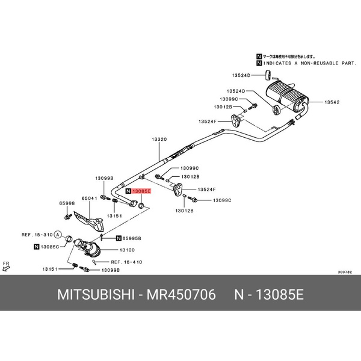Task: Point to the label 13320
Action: coord(159,140)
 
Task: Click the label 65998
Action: coord(66,203)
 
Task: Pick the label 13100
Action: coord(127,248)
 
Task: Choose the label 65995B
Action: coord(132,238)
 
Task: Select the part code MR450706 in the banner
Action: coord(182,295)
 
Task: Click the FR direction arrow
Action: coord(7,267)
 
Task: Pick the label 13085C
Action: coord(51,247)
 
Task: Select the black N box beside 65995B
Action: coord(119,238)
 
